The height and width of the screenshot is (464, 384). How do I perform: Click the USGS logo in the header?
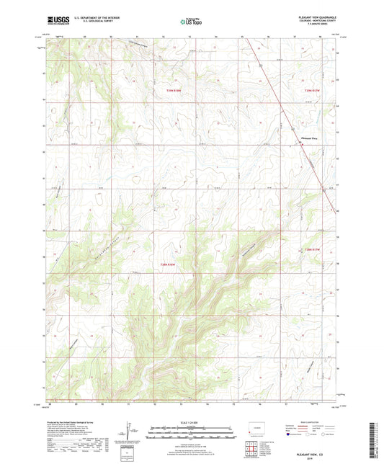(x=58, y=22)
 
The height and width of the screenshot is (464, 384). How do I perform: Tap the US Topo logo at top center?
(x=192, y=22)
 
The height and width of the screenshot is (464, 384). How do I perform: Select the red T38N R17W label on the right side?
(x=311, y=249)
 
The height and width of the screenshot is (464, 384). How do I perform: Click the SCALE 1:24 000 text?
(x=191, y=422)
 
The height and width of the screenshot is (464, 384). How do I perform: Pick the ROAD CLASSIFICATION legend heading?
(x=299, y=422)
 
